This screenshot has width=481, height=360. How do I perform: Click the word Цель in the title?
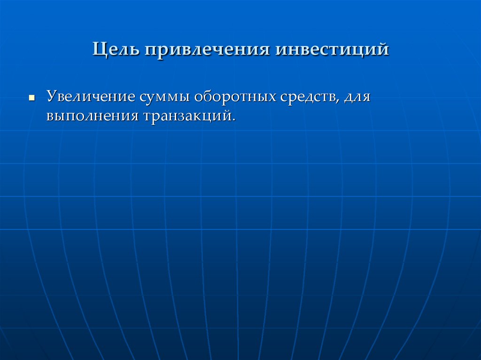115,49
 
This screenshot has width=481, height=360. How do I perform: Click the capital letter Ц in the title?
99,49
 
